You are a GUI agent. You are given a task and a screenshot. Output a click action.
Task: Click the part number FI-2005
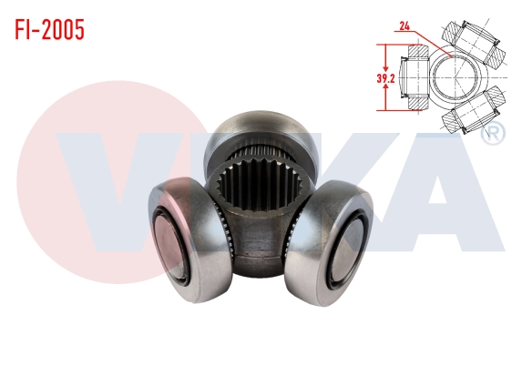click(x=49, y=30)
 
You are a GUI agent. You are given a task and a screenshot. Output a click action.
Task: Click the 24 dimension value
click(x=404, y=26)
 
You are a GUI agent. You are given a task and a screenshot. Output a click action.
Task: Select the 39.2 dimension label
click(x=385, y=78)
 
